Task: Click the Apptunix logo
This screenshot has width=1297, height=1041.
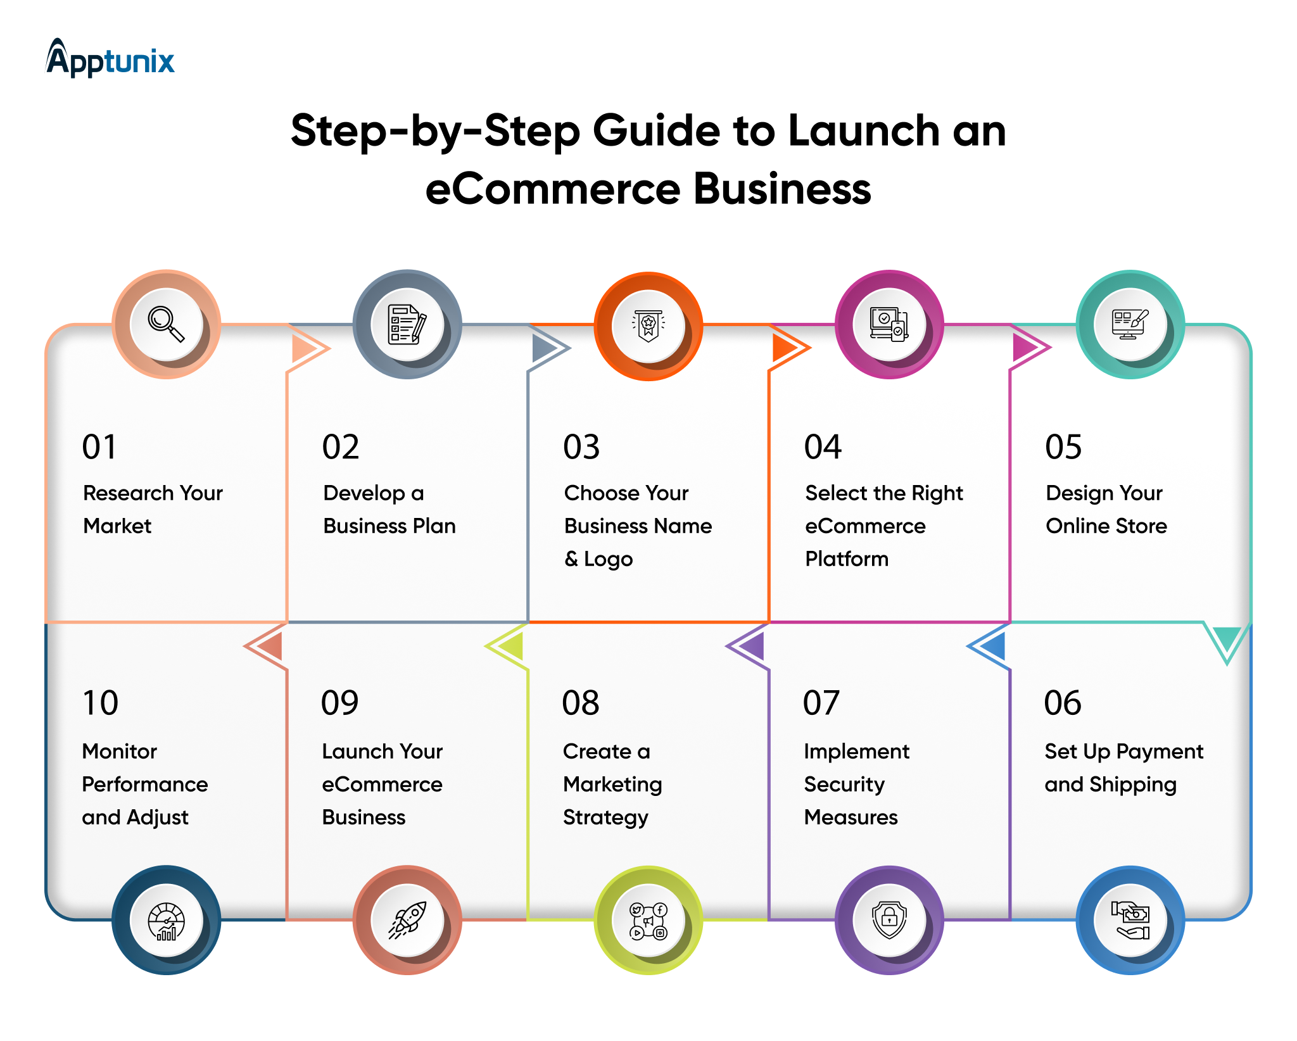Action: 110,58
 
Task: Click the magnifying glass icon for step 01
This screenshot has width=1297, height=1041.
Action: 166,324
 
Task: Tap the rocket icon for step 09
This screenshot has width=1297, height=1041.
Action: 407,920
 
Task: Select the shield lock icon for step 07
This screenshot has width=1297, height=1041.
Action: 889,920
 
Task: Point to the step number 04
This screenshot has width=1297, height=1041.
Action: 823,447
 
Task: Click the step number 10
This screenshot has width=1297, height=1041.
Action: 100,703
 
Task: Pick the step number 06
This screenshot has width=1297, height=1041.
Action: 1063,703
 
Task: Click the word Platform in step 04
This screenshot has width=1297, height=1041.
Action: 847,558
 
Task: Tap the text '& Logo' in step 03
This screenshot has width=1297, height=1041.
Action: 598,559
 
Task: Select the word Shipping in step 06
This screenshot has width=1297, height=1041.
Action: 1133,785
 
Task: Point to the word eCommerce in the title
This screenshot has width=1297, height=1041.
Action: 552,189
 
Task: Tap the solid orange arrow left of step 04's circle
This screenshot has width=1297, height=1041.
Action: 786,348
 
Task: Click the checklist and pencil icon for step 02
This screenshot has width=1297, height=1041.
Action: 407,324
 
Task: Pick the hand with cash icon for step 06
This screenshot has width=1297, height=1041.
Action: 1130,920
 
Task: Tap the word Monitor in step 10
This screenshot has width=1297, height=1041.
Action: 119,752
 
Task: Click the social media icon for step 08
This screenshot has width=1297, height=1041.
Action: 648,920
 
